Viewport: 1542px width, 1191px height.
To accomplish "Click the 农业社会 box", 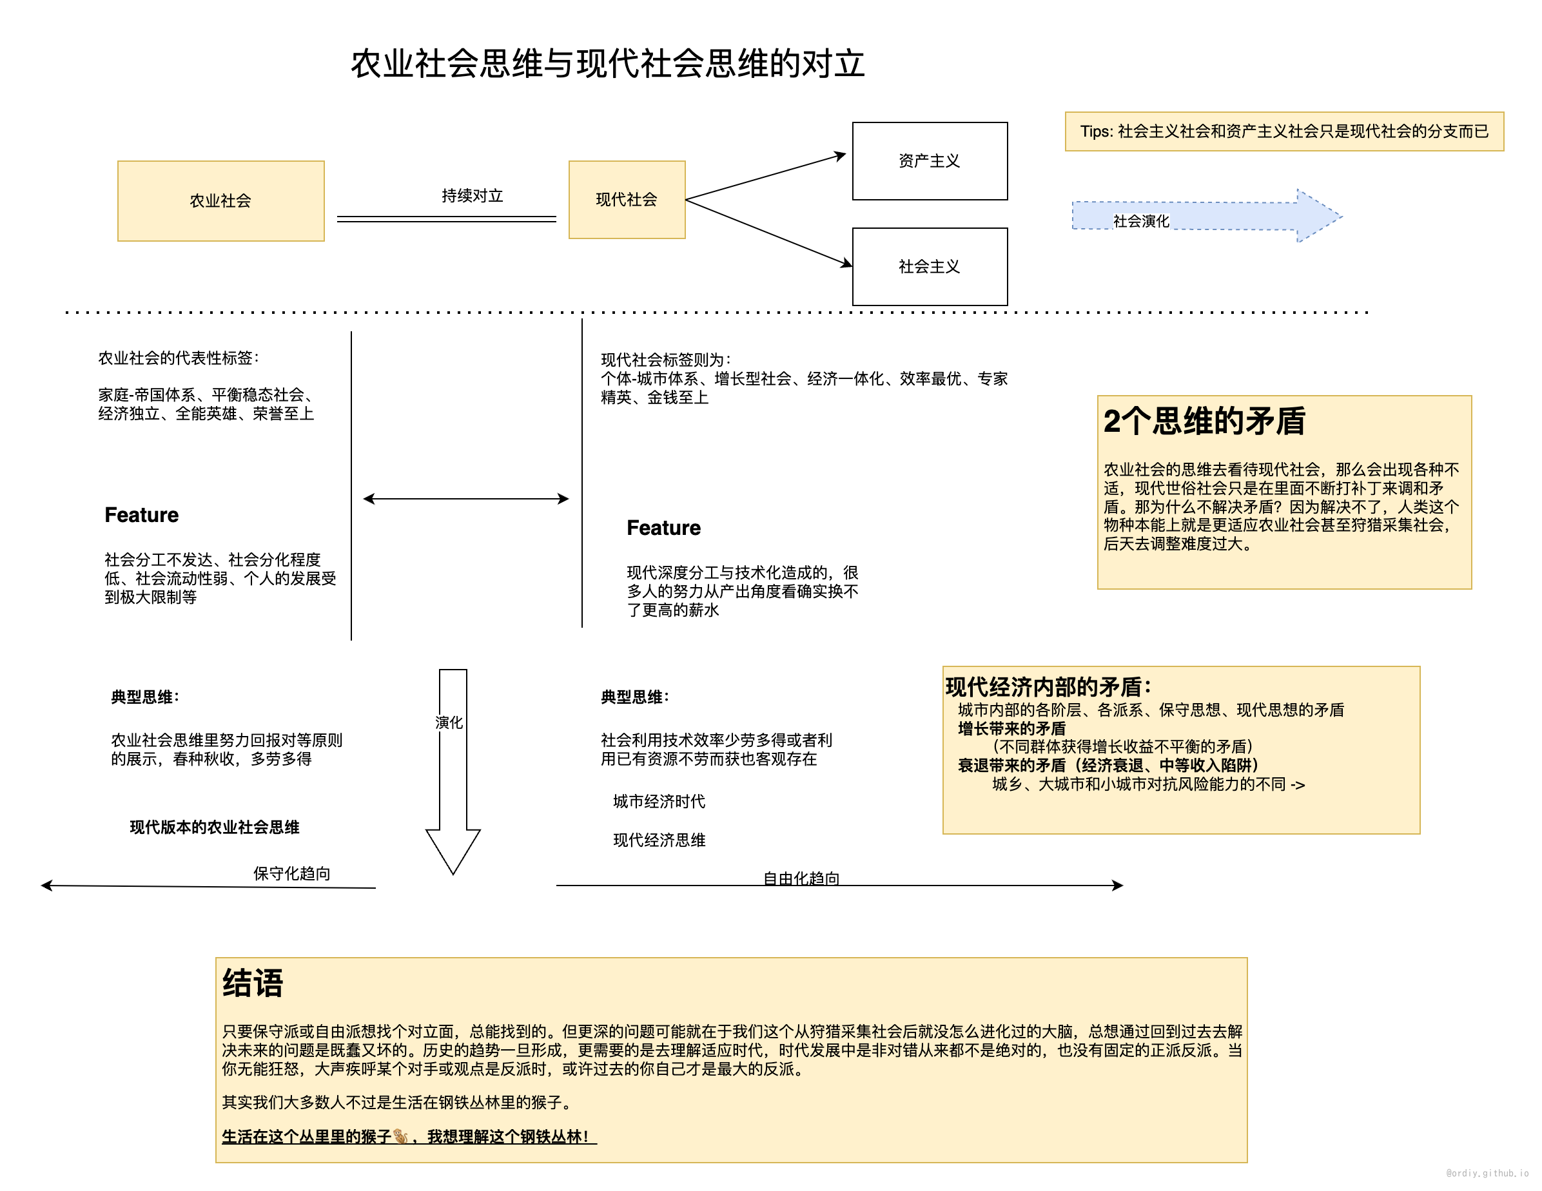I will (220, 201).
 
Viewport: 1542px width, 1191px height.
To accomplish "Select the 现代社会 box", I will (626, 200).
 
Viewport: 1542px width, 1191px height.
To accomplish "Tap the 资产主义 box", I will (929, 161).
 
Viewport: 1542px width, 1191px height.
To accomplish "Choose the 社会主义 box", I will (929, 266).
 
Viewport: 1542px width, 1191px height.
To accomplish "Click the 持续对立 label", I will (472, 195).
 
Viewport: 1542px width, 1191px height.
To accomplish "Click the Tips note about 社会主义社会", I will (1283, 131).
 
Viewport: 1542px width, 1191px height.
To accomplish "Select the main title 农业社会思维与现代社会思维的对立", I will (607, 64).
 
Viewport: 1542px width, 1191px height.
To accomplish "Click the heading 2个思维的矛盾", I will (1204, 421).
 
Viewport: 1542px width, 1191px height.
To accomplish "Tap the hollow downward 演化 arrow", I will (453, 777).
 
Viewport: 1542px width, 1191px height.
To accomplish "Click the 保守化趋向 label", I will (291, 873).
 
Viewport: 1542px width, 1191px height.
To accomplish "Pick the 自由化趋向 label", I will (801, 878).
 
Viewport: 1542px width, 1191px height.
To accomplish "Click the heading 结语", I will (253, 983).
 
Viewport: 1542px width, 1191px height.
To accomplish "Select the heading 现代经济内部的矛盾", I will (1048, 686).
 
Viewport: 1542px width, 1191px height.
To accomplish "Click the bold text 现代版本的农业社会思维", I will (215, 827).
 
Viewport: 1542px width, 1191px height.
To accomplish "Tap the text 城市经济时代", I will (659, 801).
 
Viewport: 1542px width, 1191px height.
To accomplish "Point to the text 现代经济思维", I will (659, 840).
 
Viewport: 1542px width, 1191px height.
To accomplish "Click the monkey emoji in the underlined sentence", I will (400, 1136).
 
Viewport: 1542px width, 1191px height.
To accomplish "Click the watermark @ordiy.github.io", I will (1486, 1173).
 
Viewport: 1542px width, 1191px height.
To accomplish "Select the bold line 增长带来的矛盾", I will (1011, 728).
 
